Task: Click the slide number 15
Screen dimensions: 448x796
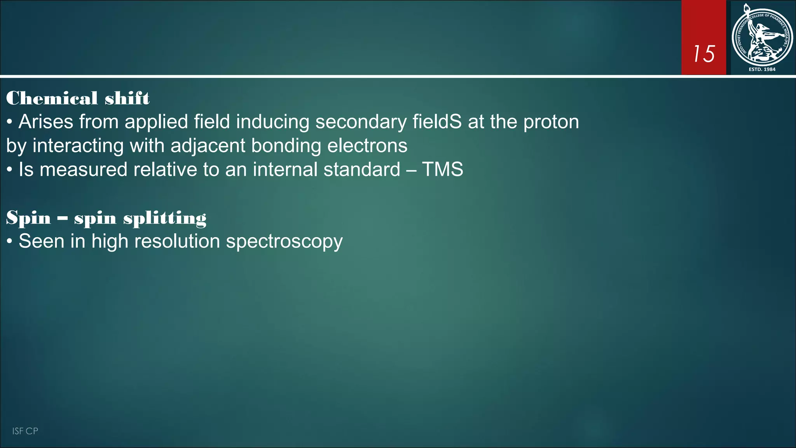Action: pyautogui.click(x=704, y=54)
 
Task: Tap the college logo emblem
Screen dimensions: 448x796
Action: pyautogui.click(x=762, y=37)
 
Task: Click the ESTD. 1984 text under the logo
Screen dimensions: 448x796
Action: pyautogui.click(x=762, y=69)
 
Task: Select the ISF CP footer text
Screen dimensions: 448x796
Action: pyautogui.click(x=25, y=431)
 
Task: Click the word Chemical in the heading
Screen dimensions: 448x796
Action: pyautogui.click(x=52, y=98)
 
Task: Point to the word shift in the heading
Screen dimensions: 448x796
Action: pyautogui.click(x=127, y=98)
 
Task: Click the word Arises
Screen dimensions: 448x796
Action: pyautogui.click(x=46, y=122)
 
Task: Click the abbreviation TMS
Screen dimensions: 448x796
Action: pyautogui.click(x=442, y=170)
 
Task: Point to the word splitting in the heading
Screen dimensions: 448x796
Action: pyautogui.click(x=165, y=218)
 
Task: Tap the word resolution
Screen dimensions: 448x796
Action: pyautogui.click(x=177, y=241)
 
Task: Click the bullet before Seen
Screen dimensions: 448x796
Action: pyautogui.click(x=10, y=242)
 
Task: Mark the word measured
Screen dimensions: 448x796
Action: pyautogui.click(x=83, y=170)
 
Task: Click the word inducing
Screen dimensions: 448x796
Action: pyautogui.click(x=272, y=122)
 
